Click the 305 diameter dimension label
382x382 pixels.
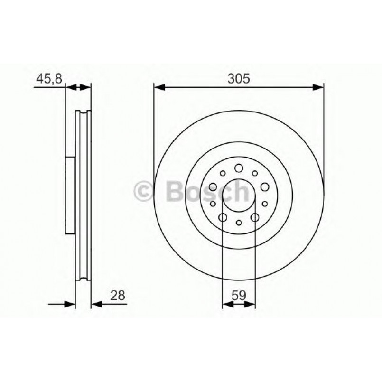[x=239, y=79]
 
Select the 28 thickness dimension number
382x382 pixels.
[x=118, y=295]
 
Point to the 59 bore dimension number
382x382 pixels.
[x=239, y=295]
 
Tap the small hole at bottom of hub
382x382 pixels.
[x=239, y=223]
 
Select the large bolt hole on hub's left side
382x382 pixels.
[x=213, y=186]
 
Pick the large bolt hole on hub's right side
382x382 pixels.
[x=264, y=186]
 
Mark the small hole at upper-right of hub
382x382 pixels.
[x=255, y=173]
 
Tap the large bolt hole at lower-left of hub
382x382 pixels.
[x=223, y=217]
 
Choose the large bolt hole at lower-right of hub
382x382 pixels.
[x=255, y=217]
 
